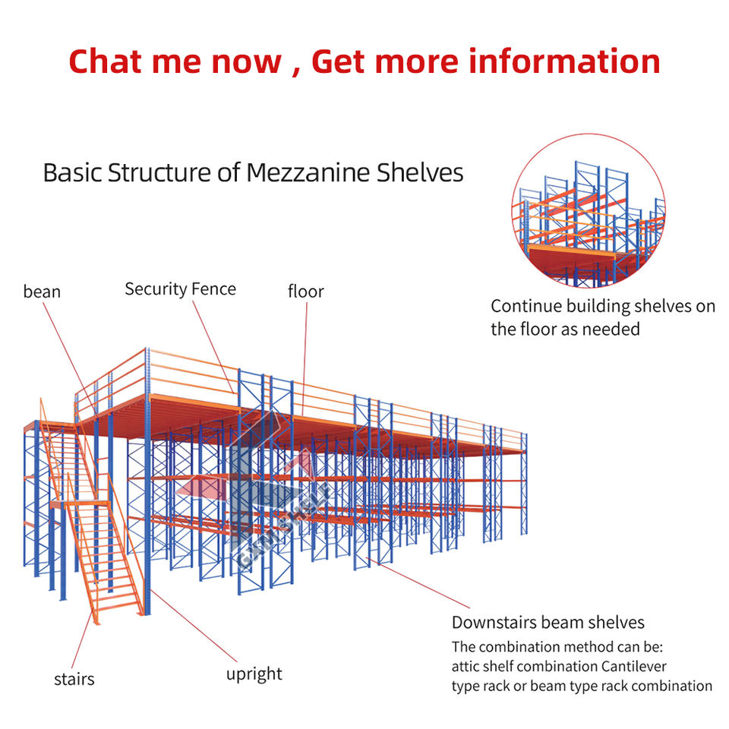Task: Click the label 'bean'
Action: pos(42,292)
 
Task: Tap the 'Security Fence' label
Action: pos(180,289)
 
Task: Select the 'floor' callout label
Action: pos(305,291)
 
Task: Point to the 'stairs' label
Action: pos(74,678)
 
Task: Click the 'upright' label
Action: pos(254,674)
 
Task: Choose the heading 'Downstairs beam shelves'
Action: pos(548,623)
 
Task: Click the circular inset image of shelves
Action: pos(588,210)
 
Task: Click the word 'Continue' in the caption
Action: pos(523,306)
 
